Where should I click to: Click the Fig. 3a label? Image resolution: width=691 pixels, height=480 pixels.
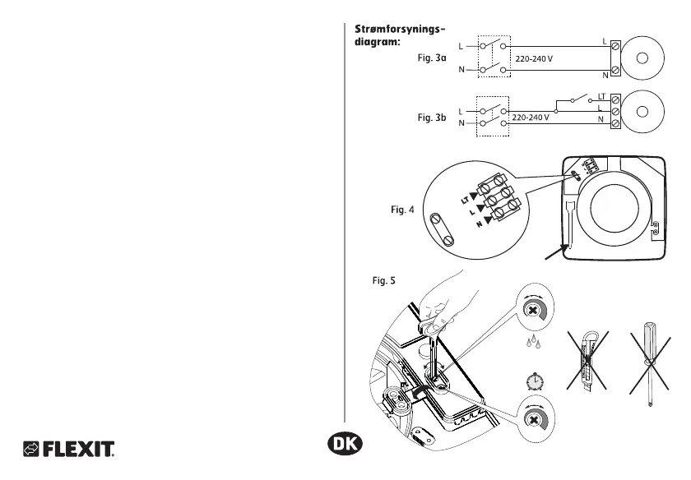433,58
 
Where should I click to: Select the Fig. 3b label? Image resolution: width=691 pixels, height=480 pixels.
432,118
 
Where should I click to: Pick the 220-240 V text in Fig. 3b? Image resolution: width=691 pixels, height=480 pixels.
531,118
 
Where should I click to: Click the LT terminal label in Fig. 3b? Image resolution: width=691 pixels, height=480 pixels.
601,97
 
